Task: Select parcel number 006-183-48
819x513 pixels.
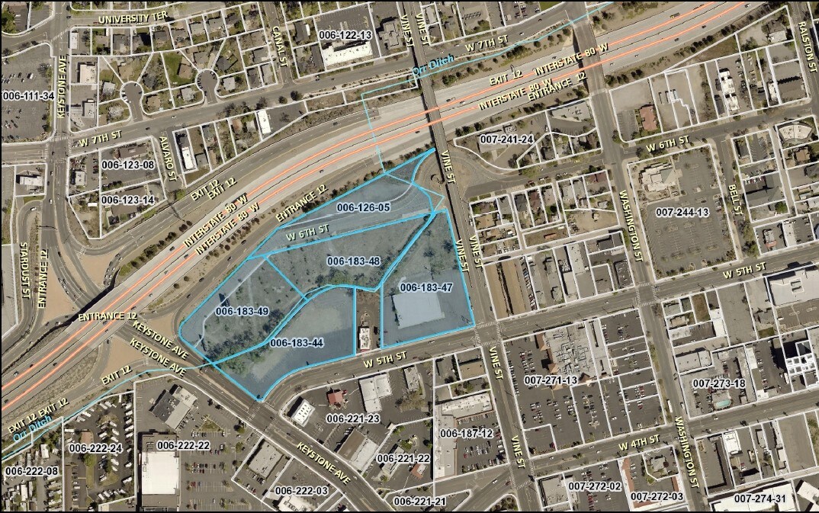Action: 353,261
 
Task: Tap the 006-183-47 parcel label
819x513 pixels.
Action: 426,287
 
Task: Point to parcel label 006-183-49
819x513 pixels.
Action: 242,311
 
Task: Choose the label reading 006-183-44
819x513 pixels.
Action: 296,342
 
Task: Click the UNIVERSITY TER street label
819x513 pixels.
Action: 133,18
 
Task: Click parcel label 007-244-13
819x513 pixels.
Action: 682,212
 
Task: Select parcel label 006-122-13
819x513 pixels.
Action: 345,36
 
